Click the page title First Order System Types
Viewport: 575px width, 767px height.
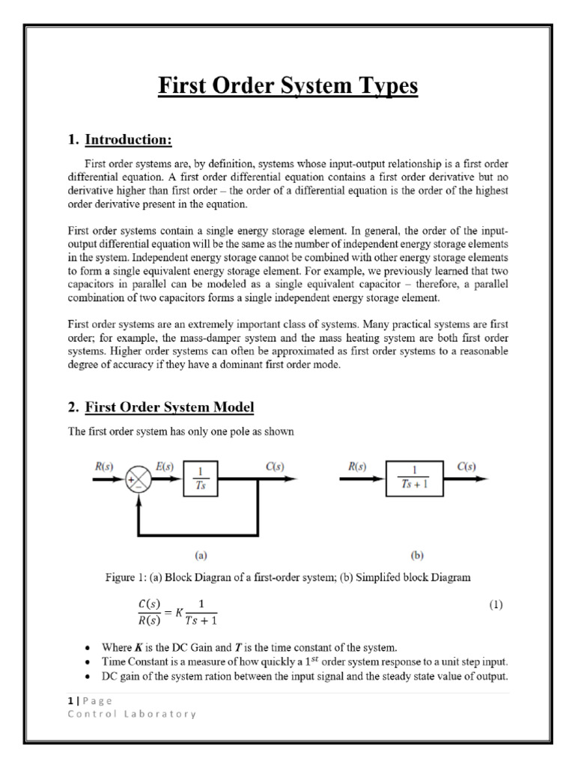coord(287,87)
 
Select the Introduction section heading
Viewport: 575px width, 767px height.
coord(129,140)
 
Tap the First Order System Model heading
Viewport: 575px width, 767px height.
coord(169,407)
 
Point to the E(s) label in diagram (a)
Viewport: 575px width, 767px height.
coord(165,465)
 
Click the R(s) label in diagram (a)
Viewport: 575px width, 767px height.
coord(104,465)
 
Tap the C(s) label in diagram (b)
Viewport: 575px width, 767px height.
coord(466,465)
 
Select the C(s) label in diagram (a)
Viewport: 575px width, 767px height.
coord(275,465)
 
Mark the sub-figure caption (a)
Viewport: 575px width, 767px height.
coord(201,556)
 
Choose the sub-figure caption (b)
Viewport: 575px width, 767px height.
coord(417,556)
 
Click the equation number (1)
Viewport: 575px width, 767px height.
coord(496,604)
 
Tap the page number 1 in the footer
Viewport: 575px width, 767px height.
coord(70,700)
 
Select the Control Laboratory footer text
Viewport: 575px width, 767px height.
coord(132,714)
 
